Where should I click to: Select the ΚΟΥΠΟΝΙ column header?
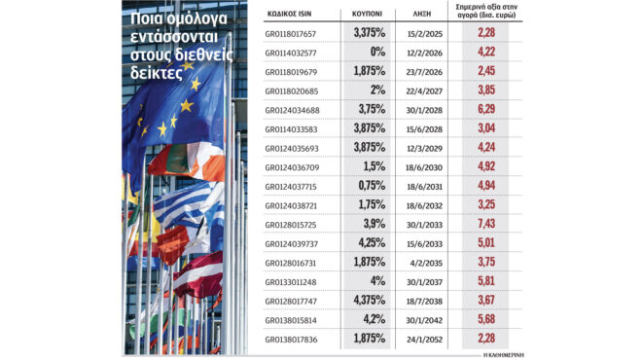point(365,16)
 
